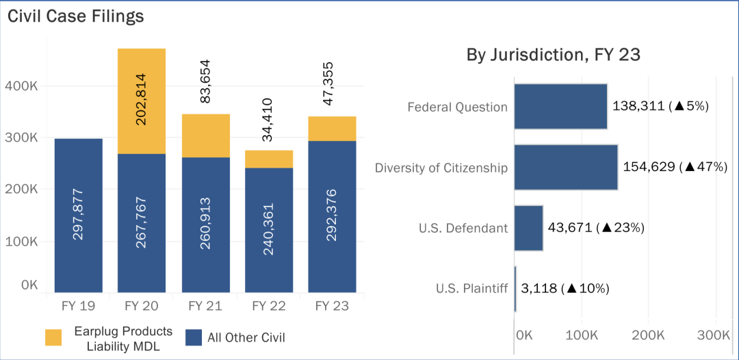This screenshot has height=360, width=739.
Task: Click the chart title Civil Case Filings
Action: coord(76,16)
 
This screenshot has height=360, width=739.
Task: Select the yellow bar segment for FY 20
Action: coord(142,101)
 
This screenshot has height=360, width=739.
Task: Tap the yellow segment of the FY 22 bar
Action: coord(269,159)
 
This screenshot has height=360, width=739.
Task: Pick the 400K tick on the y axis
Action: coord(23,86)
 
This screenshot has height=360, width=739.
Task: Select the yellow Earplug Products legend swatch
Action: coord(54,337)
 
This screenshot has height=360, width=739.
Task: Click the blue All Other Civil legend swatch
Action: coord(194,337)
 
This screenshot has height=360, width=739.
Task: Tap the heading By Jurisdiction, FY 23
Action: coord(553,55)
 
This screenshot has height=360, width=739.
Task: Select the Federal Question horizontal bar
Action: coord(560,106)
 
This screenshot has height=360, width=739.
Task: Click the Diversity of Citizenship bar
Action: coord(566,167)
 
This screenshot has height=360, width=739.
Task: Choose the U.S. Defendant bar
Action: coord(528,227)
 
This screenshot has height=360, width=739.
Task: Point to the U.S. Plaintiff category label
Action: coord(471,288)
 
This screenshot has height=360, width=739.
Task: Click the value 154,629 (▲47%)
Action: coord(675,167)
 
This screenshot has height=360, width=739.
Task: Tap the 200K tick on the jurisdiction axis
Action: coord(648,335)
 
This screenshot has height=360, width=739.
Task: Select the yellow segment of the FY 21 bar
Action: coord(206,135)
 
